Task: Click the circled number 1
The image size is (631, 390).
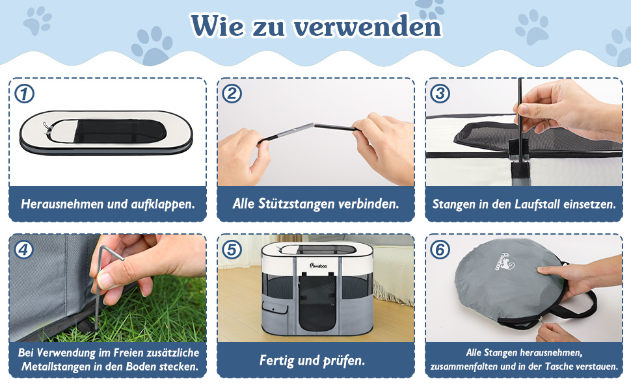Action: click(24, 94)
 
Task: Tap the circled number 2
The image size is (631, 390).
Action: click(232, 94)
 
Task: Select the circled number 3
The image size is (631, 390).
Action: click(440, 94)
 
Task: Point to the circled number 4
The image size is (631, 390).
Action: click(24, 250)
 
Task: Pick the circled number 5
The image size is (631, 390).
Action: click(232, 250)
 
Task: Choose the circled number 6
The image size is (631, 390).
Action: click(440, 250)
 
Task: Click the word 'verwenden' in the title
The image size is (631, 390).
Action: click(368, 27)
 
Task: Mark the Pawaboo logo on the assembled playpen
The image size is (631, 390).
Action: click(318, 265)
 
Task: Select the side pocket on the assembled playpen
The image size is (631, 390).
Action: click(275, 307)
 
